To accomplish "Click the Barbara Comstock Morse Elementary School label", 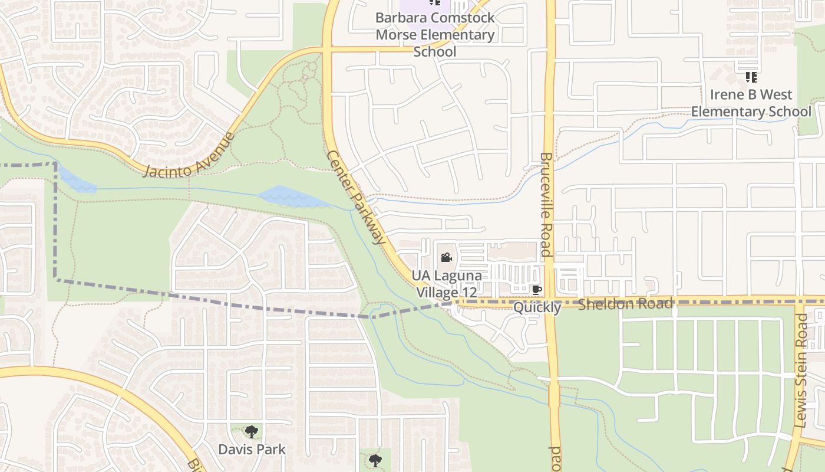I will [435, 34].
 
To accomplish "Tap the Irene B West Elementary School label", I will [751, 103].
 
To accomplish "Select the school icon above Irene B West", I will [751, 77].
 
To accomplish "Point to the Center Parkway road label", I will [356, 197].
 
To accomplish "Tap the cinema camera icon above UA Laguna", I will [446, 258].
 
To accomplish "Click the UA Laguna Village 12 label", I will [446, 284].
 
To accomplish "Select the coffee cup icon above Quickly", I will [536, 290].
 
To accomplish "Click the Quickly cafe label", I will [537, 307].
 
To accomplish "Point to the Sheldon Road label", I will [625, 304].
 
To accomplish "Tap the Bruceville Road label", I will [545, 205].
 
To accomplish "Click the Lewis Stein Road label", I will [801, 371].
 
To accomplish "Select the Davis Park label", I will [252, 449].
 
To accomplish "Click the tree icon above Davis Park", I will [252, 432].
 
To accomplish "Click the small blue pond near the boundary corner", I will [77, 180].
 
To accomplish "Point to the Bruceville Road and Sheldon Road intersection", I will [550, 302].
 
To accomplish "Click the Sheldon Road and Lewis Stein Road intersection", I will [799, 302].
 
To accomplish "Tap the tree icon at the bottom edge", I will [375, 460].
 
